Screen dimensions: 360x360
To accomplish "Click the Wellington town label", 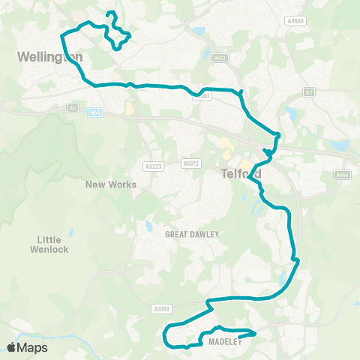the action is pyautogui.click(x=49, y=56).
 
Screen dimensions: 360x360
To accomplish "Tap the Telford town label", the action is pyautogui.click(x=241, y=173).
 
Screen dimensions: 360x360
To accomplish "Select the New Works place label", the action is pyautogui.click(x=111, y=184).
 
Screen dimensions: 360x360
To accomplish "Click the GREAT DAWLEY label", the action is pyautogui.click(x=192, y=234).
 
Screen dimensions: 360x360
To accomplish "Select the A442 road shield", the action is pyautogui.click(x=220, y=57).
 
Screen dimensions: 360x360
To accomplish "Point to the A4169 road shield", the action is pyautogui.click(x=162, y=307).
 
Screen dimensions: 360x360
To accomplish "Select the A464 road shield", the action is pyautogui.click(x=342, y=175).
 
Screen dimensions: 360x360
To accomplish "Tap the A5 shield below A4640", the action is pyautogui.click(x=309, y=91).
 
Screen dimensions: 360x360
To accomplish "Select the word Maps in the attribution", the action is pyautogui.click(x=33, y=347).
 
